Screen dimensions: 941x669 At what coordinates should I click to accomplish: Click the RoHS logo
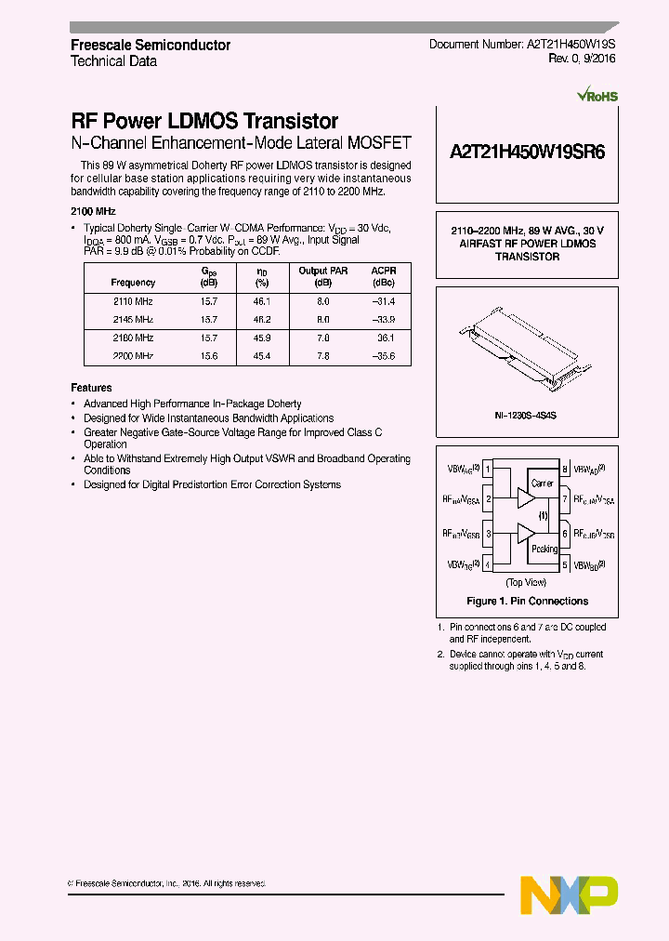(597, 95)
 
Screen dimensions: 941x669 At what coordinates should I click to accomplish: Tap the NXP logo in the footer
(569, 894)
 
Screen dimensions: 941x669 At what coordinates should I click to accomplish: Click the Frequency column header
(133, 283)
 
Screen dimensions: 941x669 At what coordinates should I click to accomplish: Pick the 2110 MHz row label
(133, 302)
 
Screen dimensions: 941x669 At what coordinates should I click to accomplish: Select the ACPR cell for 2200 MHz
(383, 356)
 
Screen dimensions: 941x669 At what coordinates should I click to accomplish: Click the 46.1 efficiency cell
(262, 302)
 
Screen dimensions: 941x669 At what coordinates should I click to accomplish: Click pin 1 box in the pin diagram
(488, 470)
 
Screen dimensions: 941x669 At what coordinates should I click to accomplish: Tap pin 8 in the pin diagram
(565, 470)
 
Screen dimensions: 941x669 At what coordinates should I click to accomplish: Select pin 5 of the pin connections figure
(565, 564)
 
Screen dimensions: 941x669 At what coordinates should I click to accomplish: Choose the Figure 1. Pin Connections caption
(527, 601)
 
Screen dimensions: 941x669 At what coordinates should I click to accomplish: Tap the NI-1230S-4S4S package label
(526, 418)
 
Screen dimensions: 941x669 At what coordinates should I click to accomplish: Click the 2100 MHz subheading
(93, 211)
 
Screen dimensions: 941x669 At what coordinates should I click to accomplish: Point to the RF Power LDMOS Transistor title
(204, 121)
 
